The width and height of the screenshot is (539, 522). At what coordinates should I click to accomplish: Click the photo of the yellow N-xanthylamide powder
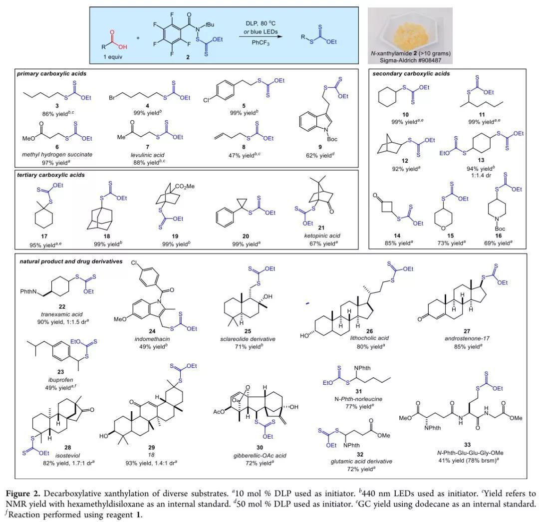410,28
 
